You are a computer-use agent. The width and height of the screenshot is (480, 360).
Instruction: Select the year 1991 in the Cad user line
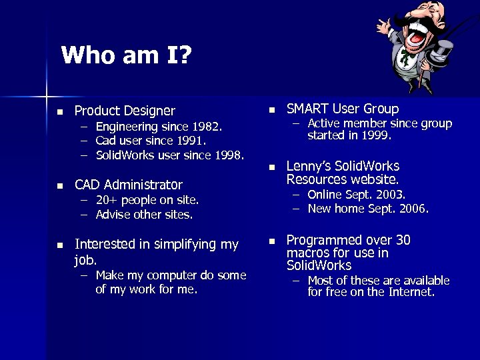(191, 141)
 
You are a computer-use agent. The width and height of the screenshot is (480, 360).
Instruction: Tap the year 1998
(229, 156)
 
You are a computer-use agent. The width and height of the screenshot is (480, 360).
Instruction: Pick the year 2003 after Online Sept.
(390, 195)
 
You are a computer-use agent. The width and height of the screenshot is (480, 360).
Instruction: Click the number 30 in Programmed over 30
(403, 240)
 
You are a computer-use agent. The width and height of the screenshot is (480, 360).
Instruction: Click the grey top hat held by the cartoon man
(443, 53)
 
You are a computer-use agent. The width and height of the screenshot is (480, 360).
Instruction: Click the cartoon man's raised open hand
(385, 27)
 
